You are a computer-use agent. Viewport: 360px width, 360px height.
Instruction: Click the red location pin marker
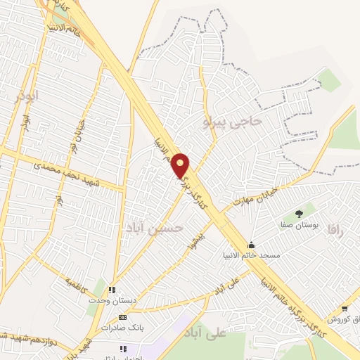point(181,165)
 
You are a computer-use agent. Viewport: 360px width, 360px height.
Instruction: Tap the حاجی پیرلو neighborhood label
point(232,122)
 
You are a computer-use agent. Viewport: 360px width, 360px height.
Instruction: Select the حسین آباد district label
point(155,228)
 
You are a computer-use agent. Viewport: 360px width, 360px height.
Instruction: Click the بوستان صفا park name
point(301,226)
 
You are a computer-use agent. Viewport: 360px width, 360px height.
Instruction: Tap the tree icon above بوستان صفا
point(300,214)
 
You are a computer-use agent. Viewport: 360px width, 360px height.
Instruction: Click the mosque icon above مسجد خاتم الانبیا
point(252,244)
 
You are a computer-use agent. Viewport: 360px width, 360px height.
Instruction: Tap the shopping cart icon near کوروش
point(345,309)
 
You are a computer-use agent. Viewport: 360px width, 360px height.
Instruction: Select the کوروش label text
point(344,320)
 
